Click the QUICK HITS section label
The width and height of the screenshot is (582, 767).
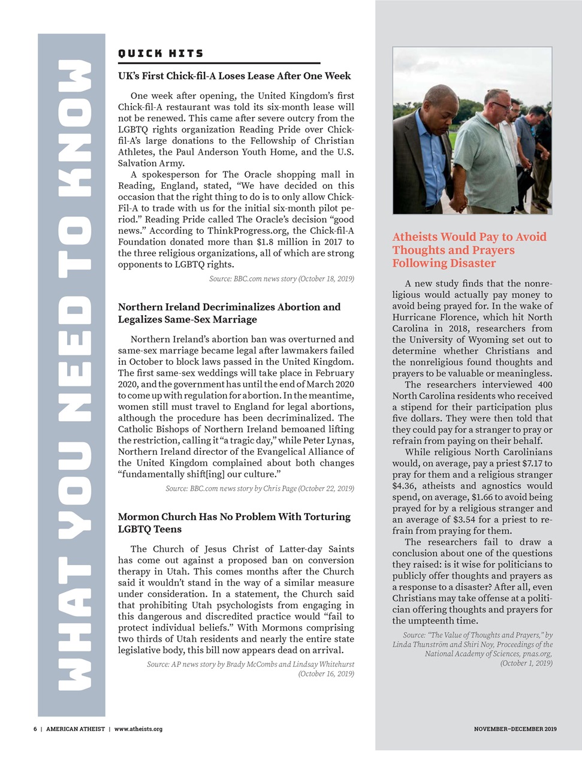(161, 54)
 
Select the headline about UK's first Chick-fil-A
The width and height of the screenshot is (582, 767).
(234, 76)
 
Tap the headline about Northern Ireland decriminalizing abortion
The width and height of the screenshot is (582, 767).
(229, 313)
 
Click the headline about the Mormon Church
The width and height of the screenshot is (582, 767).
(234, 523)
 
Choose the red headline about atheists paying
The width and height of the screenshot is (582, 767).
(469, 250)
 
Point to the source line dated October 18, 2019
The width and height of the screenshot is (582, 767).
(281, 279)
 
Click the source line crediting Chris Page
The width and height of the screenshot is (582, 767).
(260, 489)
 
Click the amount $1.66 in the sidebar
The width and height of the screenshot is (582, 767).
(484, 497)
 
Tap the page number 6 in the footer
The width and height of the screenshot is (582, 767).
(35, 729)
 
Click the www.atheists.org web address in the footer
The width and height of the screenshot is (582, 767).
(138, 729)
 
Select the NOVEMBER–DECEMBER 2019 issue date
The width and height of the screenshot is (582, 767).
(515, 729)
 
